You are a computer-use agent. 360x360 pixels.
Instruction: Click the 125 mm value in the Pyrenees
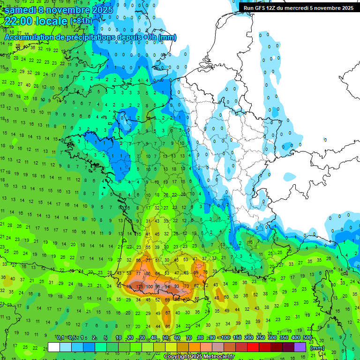click(x=139, y=286)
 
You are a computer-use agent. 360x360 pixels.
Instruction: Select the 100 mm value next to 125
click(x=150, y=286)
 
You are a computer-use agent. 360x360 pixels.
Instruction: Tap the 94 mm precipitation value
click(x=167, y=286)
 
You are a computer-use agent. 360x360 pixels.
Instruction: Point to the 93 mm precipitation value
click(x=176, y=286)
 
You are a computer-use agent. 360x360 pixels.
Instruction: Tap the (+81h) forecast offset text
click(x=81, y=21)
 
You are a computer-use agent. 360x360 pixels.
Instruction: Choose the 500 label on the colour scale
click(x=307, y=338)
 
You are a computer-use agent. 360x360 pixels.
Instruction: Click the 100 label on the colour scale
click(x=225, y=338)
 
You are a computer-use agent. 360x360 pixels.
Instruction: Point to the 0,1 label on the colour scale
click(x=60, y=338)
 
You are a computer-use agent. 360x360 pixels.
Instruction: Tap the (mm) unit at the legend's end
click(x=317, y=348)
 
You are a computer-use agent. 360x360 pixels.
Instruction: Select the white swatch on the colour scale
click(x=54, y=347)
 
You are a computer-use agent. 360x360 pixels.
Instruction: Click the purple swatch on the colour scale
click(x=300, y=347)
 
